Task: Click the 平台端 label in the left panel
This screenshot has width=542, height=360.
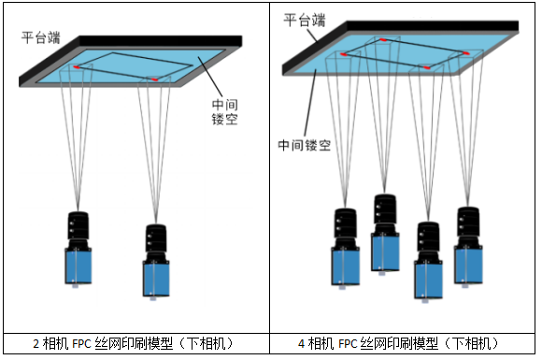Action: [x=41, y=37]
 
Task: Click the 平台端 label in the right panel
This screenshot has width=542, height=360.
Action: [x=305, y=20]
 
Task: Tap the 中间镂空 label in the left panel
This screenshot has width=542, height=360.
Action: [x=224, y=112]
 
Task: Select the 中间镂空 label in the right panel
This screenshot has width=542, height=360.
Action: [x=305, y=145]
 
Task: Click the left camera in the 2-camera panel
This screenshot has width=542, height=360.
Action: [x=78, y=249]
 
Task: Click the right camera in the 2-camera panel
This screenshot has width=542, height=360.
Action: [x=156, y=261]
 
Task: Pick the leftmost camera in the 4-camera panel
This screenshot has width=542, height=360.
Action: [x=346, y=248]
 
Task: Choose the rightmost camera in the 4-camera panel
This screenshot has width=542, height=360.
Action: [x=468, y=247]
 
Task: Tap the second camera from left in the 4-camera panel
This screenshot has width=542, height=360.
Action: [x=385, y=234]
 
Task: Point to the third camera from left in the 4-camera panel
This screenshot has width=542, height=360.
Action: [x=428, y=262]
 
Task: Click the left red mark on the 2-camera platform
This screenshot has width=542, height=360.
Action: [x=77, y=67]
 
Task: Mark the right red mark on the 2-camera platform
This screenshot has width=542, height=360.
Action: [x=154, y=79]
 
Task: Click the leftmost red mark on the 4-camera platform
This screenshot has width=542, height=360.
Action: [x=343, y=54]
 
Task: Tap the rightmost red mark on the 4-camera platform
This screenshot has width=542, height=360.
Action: [x=465, y=53]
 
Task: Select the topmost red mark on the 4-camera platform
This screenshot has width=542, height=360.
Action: [x=383, y=40]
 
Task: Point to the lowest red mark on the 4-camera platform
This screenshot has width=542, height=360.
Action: [x=427, y=67]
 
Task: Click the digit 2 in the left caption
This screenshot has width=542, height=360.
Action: [x=36, y=344]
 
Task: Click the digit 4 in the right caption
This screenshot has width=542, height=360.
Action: [x=301, y=344]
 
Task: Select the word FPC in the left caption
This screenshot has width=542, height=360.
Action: [x=81, y=344]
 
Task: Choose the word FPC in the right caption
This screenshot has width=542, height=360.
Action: [x=348, y=344]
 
